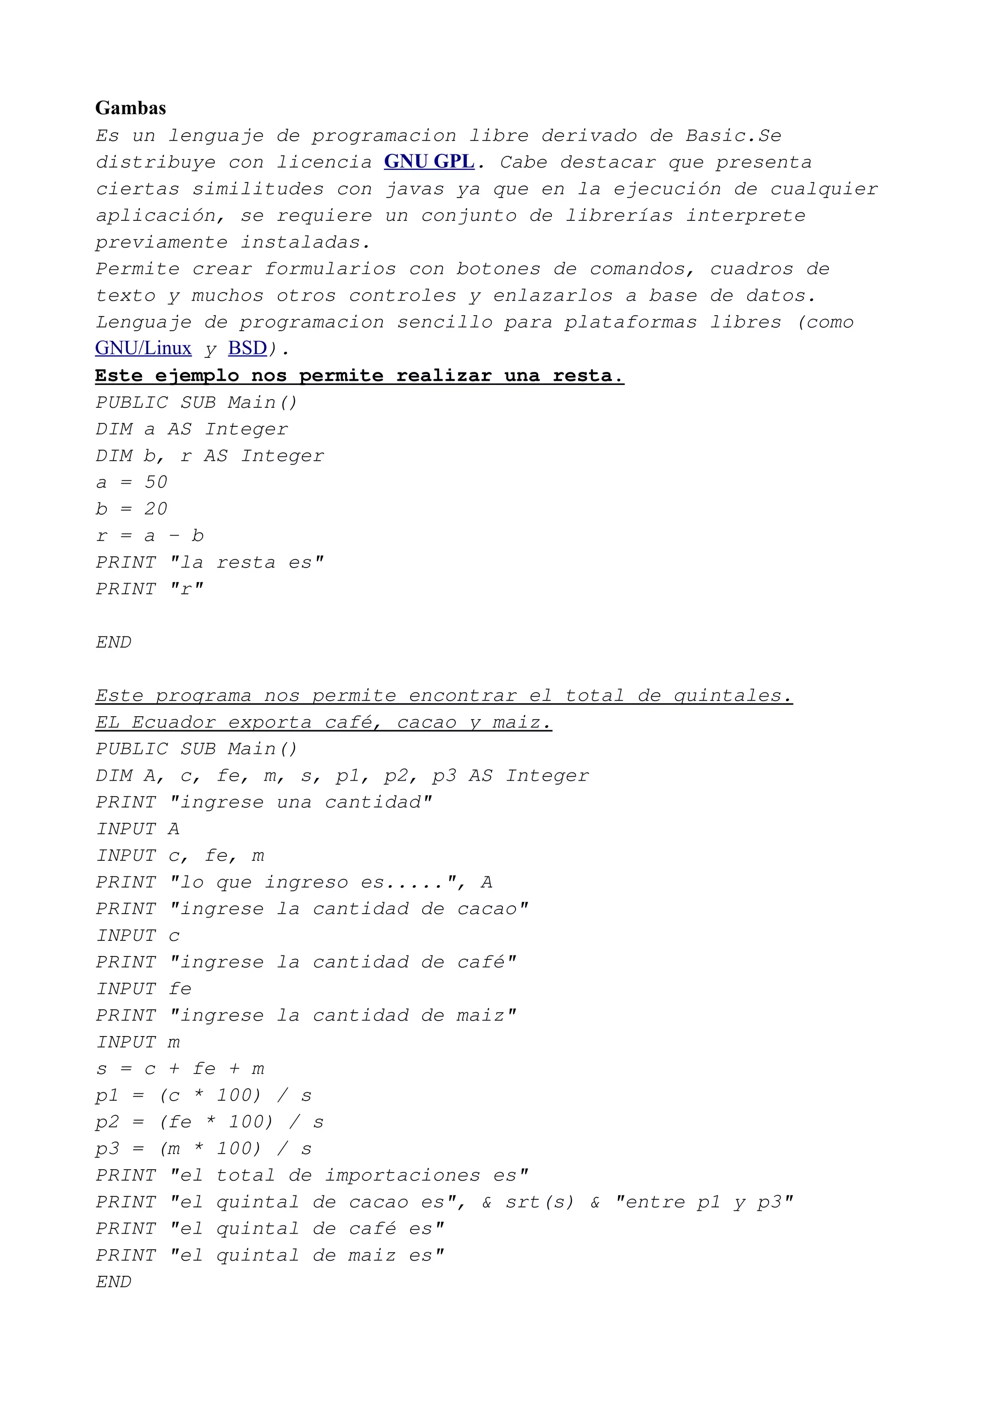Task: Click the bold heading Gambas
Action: (x=131, y=108)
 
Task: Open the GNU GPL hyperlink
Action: (x=429, y=161)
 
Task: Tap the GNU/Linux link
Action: (x=143, y=348)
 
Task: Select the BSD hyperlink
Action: (x=247, y=348)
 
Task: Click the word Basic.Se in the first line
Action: (x=733, y=135)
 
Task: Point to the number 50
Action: (x=156, y=482)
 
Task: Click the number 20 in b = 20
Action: (x=156, y=509)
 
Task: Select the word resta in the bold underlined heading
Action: (x=587, y=376)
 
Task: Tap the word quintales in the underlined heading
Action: (x=732, y=696)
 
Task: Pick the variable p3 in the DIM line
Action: (x=445, y=776)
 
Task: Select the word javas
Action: (x=414, y=189)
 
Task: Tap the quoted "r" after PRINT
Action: (x=187, y=589)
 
